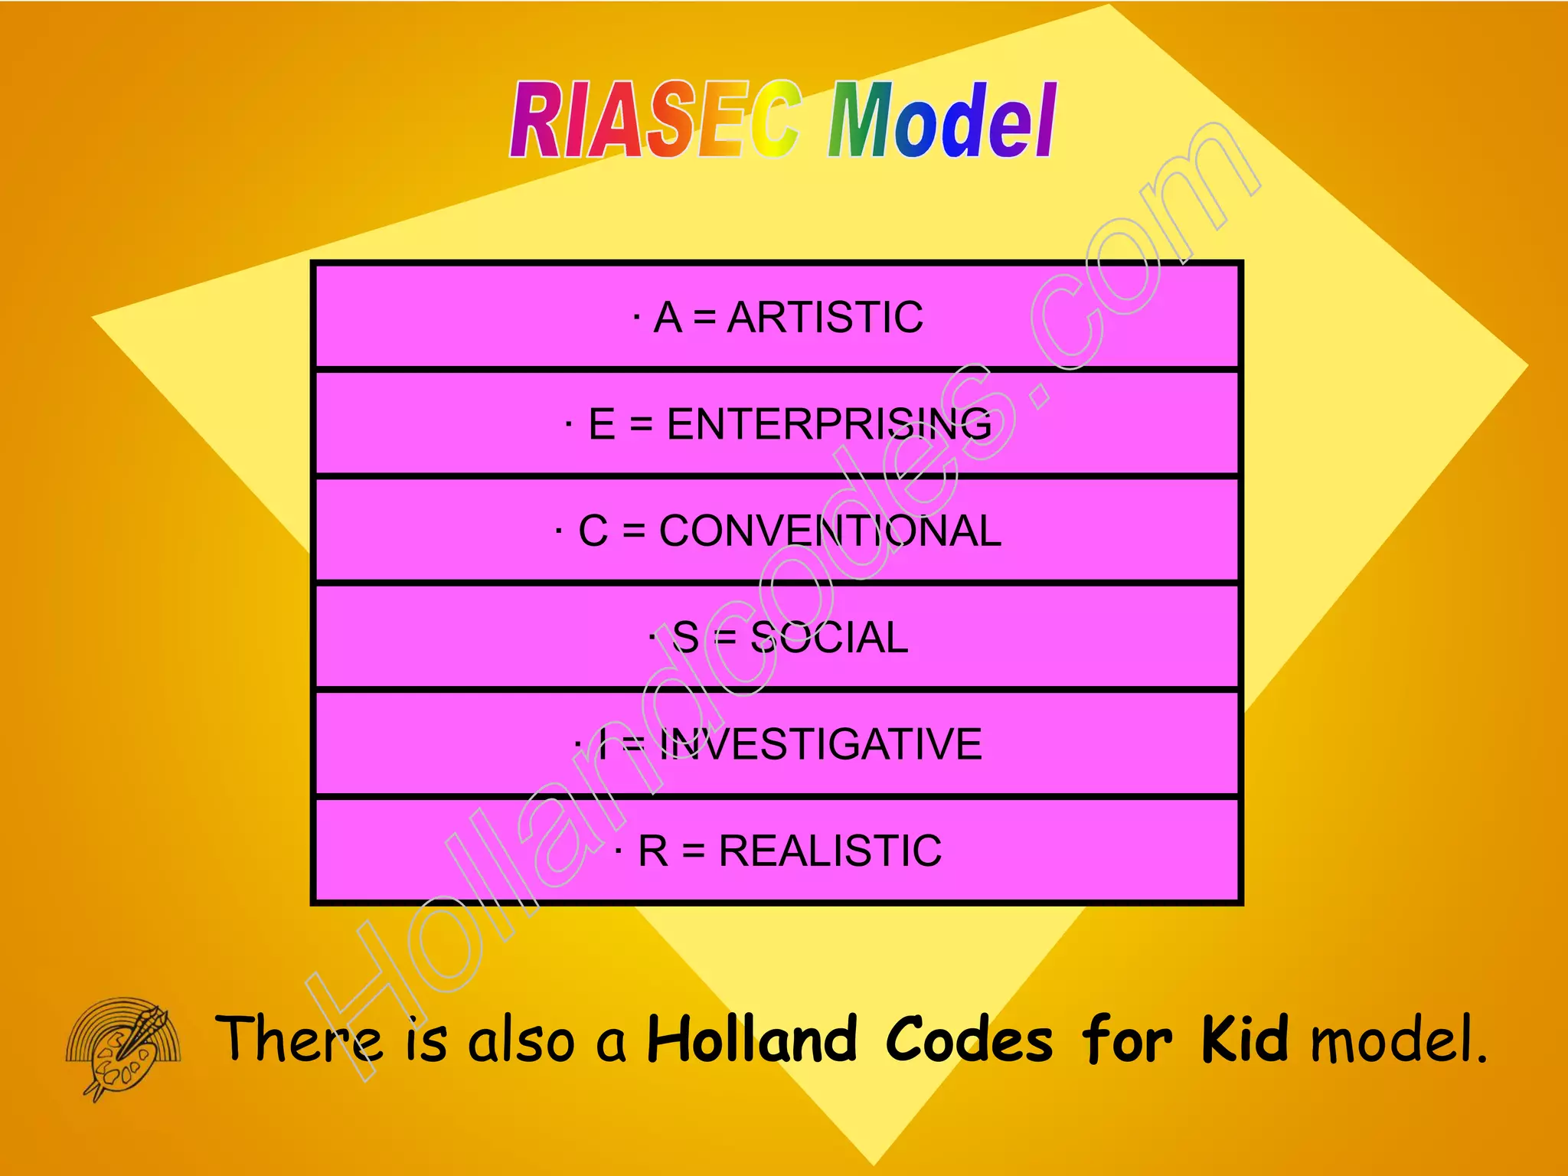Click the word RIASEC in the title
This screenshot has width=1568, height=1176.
[655, 120]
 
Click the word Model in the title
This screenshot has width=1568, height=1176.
[942, 120]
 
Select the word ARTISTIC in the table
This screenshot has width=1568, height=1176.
[825, 317]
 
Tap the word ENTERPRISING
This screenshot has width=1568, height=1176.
[829, 423]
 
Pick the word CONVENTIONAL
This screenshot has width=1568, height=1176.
[830, 531]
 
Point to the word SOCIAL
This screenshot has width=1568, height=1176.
[829, 637]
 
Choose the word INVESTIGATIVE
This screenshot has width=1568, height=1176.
[820, 744]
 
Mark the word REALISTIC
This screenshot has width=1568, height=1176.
[830, 851]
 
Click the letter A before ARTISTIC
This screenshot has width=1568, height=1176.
[668, 317]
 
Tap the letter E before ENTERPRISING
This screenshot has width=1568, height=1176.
[602, 423]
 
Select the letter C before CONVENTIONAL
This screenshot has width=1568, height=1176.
[593, 531]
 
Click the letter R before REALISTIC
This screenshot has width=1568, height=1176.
[653, 851]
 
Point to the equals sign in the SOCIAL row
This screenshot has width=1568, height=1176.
[724, 637]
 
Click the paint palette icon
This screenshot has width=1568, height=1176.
[122, 1046]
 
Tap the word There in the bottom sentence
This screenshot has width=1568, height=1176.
[299, 1039]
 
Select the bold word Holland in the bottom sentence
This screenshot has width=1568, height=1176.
[753, 1039]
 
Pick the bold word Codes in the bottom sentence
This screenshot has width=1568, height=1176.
[969, 1039]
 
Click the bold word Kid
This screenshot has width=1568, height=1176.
[1244, 1039]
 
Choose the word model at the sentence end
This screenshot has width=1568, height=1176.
[1398, 1039]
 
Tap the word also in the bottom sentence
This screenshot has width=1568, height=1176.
[521, 1039]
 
